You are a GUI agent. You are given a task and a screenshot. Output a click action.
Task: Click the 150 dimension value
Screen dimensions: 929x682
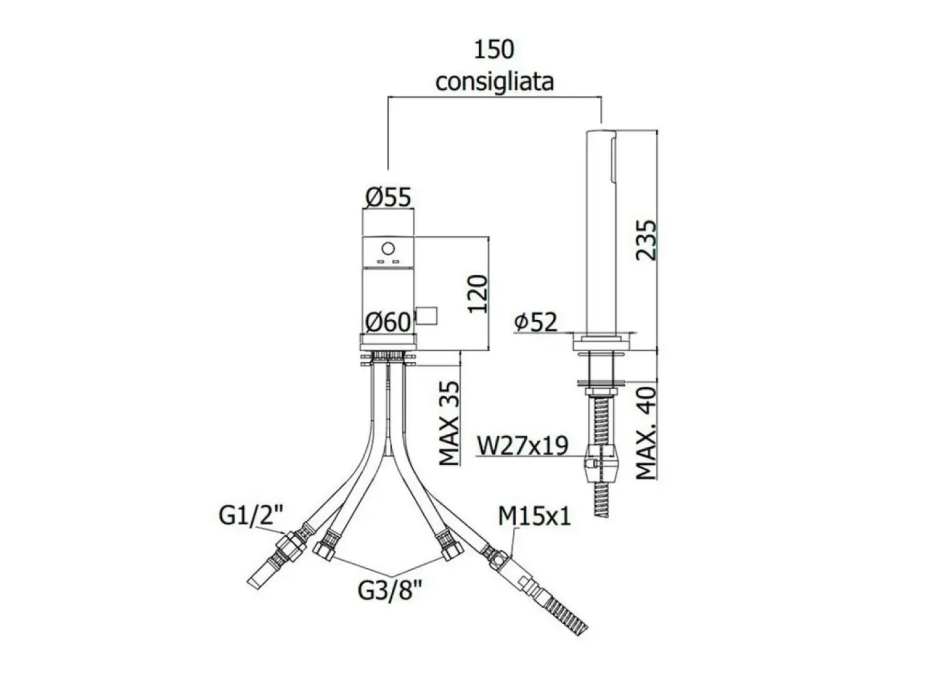pyautogui.click(x=494, y=50)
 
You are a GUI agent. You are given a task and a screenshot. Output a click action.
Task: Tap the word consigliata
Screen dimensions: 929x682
pyautogui.click(x=494, y=82)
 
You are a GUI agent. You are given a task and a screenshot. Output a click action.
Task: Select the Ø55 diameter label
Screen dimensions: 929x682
pyautogui.click(x=388, y=197)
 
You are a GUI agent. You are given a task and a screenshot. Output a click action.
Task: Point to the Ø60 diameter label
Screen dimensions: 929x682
pyautogui.click(x=388, y=321)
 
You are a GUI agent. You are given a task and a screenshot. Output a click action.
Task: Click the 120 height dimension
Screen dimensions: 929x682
pyautogui.click(x=478, y=294)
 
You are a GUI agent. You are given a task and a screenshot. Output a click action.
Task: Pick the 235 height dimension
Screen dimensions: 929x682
pyautogui.click(x=646, y=240)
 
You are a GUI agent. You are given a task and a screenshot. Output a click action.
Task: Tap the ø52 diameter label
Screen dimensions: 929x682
pyautogui.click(x=536, y=322)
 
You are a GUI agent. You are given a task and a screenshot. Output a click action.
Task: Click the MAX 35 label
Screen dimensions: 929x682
pyautogui.click(x=449, y=423)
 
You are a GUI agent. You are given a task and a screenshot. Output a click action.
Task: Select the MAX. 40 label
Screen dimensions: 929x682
pyautogui.click(x=647, y=433)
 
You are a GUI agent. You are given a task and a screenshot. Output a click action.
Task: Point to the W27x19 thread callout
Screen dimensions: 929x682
pyautogui.click(x=522, y=446)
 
